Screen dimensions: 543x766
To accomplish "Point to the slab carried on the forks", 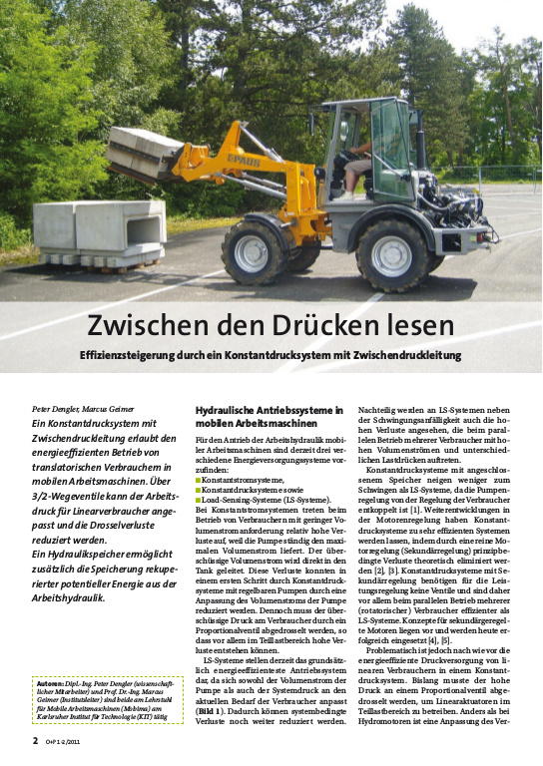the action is coord(146,151).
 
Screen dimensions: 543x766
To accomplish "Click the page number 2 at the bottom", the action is coord(35,742).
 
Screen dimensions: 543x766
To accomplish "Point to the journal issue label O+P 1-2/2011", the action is coord(64,743).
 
